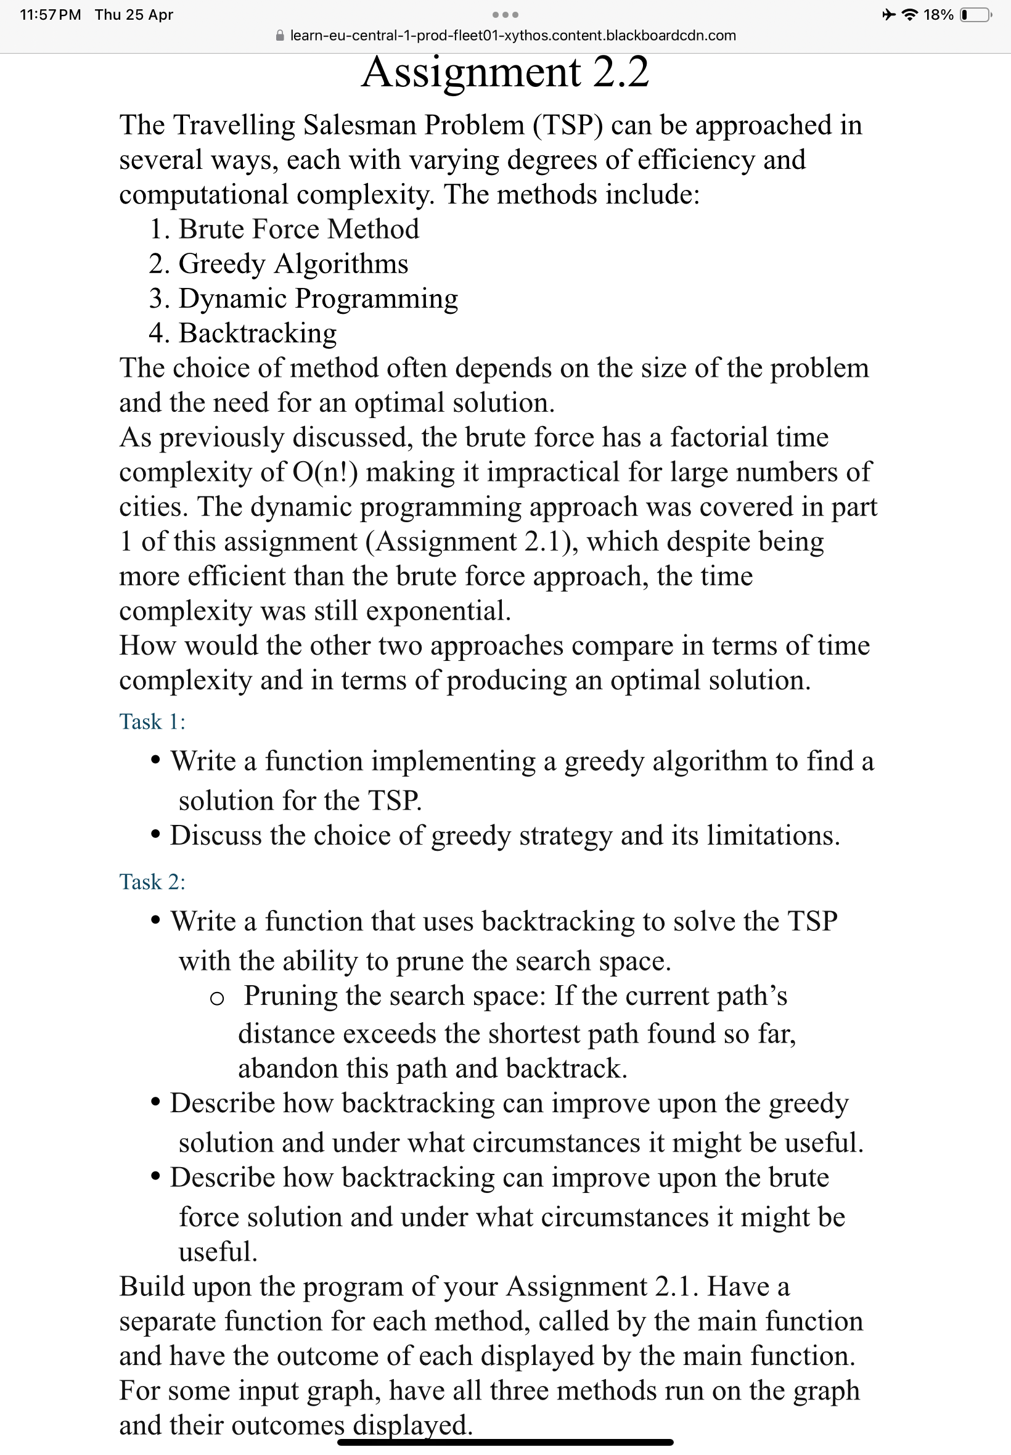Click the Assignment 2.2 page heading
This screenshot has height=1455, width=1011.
pyautogui.click(x=505, y=72)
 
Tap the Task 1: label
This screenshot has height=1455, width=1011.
pyautogui.click(x=152, y=721)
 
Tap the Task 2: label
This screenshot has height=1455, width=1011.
pyautogui.click(x=152, y=882)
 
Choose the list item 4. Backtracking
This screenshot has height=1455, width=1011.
pyautogui.click(x=244, y=333)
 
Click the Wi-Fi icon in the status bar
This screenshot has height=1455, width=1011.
pyautogui.click(x=910, y=15)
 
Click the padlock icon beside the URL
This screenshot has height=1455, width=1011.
pyautogui.click(x=280, y=36)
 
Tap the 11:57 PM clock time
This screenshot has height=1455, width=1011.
pyautogui.click(x=50, y=15)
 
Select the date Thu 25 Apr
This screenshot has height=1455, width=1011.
pyautogui.click(x=134, y=15)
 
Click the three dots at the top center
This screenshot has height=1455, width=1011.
pyautogui.click(x=505, y=15)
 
